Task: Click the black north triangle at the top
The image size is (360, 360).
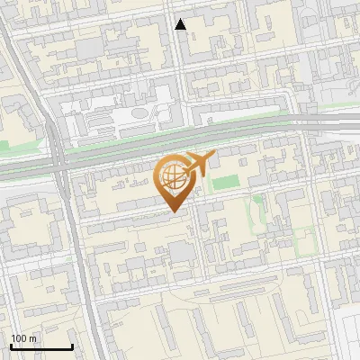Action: [181, 24]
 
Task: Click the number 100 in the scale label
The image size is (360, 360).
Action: [19, 338]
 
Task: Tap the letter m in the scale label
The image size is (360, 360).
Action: [33, 338]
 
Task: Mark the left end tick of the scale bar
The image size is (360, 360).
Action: [11, 346]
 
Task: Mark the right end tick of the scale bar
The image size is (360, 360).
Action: [72, 346]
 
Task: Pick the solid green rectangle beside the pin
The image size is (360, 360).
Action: [220, 183]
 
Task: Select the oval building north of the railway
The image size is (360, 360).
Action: [141, 114]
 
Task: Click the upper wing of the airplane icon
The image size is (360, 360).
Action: [197, 155]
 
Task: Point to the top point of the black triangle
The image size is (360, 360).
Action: [181, 18]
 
